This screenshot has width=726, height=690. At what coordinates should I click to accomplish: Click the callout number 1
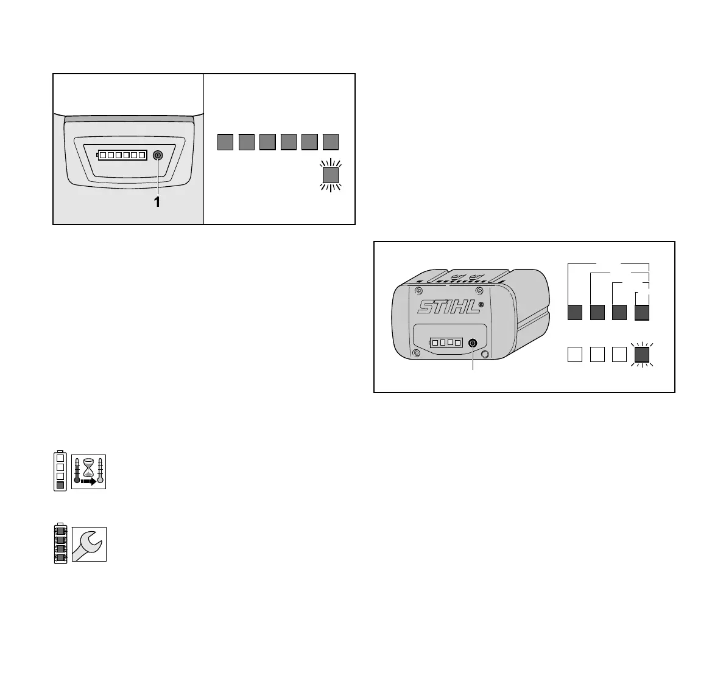pyautogui.click(x=157, y=201)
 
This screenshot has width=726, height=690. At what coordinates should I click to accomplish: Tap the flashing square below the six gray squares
pyautogui.click(x=330, y=176)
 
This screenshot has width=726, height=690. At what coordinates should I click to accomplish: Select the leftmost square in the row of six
pyautogui.click(x=225, y=142)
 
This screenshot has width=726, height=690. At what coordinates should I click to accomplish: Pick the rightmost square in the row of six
pyautogui.click(x=331, y=142)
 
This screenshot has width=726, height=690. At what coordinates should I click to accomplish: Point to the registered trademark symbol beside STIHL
pyautogui.click(x=481, y=304)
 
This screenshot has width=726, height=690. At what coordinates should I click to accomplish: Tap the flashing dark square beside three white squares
pyautogui.click(x=643, y=354)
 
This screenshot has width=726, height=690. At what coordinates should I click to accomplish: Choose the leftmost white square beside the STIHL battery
pyautogui.click(x=575, y=354)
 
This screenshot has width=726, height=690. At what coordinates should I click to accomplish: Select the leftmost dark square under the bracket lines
pyautogui.click(x=575, y=312)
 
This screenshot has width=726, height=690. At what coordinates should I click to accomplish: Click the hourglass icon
pyautogui.click(x=88, y=468)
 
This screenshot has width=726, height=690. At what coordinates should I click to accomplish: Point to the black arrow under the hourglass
pyautogui.click(x=89, y=481)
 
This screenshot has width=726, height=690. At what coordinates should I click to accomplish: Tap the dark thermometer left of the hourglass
pyautogui.click(x=77, y=472)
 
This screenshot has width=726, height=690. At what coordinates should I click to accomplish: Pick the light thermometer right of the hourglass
pyautogui.click(x=100, y=472)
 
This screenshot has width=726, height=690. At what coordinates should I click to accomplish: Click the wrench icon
pyautogui.click(x=89, y=544)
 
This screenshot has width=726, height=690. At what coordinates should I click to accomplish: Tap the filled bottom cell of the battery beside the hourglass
pyautogui.click(x=60, y=484)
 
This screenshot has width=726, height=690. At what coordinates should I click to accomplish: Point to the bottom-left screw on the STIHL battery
pyautogui.click(x=416, y=353)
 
